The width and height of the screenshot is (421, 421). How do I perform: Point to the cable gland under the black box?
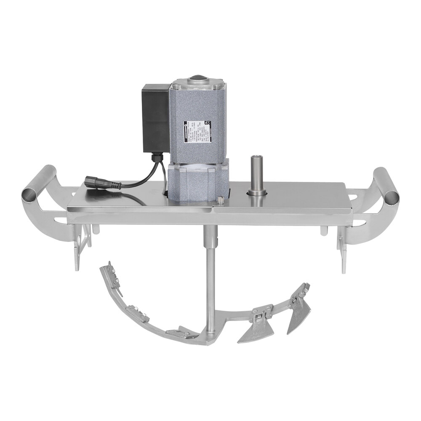[157, 158]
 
